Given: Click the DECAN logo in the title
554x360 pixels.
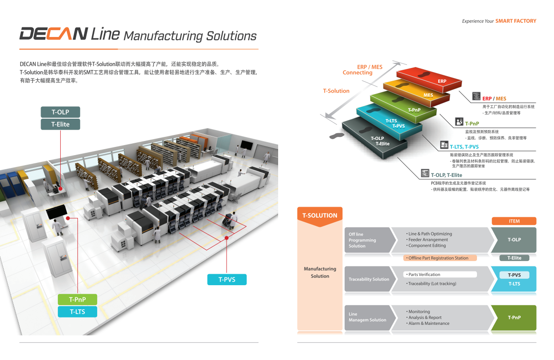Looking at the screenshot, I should (x=54, y=34).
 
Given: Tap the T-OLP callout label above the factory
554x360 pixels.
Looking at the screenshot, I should (x=60, y=112).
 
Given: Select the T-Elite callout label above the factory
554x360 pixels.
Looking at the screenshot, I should (x=60, y=124).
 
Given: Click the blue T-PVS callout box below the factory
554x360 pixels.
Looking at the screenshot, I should (x=227, y=279).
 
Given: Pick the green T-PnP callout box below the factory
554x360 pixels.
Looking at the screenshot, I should (x=77, y=299).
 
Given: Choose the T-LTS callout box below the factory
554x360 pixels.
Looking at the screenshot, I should (x=77, y=312).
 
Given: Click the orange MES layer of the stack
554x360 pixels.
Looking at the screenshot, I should (x=416, y=92).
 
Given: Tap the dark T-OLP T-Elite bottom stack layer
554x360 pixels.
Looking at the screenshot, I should (x=375, y=139).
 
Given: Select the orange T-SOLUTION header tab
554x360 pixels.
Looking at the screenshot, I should (x=320, y=215).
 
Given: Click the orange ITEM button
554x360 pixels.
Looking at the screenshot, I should (x=514, y=221).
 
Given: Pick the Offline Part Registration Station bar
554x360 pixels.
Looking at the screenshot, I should (x=440, y=258).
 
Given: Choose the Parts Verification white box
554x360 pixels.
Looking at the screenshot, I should (x=440, y=275).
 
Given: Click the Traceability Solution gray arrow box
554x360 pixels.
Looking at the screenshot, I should (x=368, y=279).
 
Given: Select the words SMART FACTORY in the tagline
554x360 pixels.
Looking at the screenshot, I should (x=516, y=21).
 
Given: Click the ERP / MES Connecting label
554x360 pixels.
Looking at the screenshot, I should (x=363, y=70).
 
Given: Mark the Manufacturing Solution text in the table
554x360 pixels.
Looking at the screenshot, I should (x=320, y=272).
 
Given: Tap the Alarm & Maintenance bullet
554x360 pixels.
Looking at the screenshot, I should (x=429, y=323).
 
